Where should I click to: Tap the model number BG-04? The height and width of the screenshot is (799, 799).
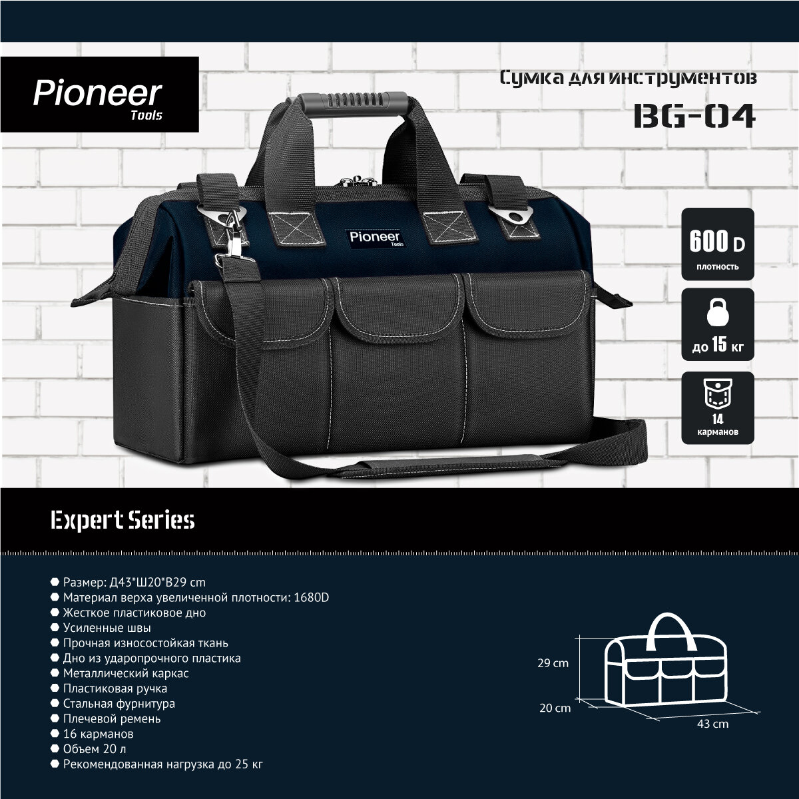click(694, 115)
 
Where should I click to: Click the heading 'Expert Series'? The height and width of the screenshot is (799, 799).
click(123, 520)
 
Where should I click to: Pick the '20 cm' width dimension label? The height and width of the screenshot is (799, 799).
click(555, 708)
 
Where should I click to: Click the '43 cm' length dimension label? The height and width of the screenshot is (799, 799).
click(712, 723)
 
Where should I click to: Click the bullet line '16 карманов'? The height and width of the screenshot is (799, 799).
click(98, 734)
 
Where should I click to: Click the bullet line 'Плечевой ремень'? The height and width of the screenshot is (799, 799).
click(111, 718)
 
